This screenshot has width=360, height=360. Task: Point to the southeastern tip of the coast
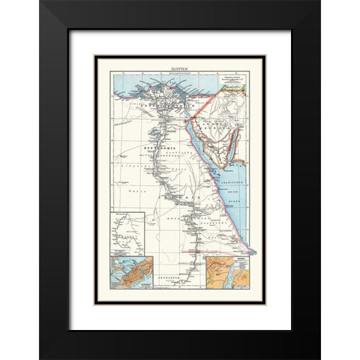point(254,252)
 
